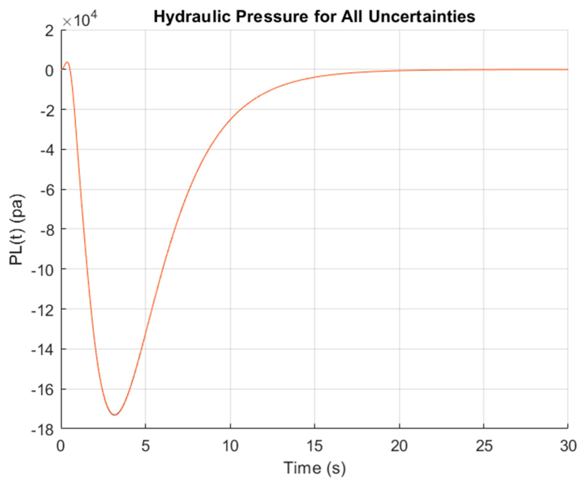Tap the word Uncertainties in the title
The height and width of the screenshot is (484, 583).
tap(421, 17)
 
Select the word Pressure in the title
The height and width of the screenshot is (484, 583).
tap(271, 17)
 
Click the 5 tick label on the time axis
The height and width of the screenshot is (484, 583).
tap(145, 446)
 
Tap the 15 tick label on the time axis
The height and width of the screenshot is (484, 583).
tap(315, 446)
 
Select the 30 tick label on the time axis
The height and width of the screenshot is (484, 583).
tap(568, 446)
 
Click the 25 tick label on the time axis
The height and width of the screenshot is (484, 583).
tap(484, 446)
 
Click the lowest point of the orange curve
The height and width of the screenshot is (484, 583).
tap(115, 415)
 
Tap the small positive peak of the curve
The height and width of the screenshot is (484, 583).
tap(67, 62)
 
